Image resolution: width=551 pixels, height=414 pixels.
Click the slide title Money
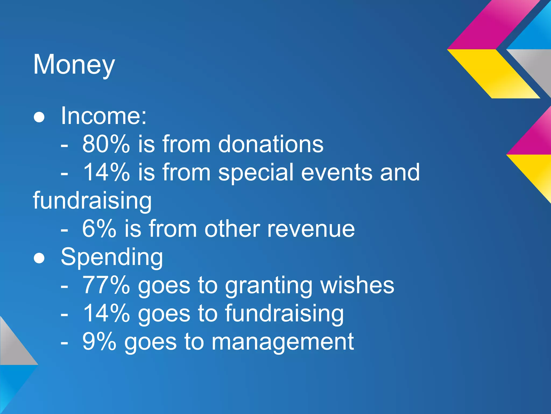74,65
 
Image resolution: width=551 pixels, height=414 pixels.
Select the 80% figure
106,144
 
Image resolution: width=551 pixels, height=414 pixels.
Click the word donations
270,144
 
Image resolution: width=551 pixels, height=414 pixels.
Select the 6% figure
99,229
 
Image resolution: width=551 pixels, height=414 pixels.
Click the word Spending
112,257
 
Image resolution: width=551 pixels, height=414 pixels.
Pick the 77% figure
106,285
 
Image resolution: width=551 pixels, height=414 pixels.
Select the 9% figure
99,341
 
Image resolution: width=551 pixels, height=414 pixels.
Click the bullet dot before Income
39,118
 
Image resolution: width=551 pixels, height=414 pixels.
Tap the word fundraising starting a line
92,201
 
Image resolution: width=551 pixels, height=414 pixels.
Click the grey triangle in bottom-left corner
13,348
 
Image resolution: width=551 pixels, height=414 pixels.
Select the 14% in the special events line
106,172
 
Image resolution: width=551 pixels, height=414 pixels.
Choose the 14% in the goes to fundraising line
106,313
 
